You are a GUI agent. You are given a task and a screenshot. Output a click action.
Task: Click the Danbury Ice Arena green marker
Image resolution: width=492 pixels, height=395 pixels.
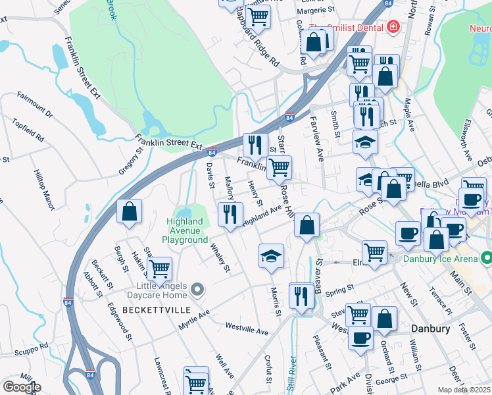point(486,256)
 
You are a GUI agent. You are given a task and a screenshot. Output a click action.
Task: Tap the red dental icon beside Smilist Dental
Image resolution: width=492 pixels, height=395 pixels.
point(393,27)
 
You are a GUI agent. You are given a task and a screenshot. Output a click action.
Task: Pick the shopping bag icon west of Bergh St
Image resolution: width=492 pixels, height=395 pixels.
point(130,211)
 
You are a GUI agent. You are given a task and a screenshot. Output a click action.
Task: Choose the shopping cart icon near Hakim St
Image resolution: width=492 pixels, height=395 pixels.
point(159,268)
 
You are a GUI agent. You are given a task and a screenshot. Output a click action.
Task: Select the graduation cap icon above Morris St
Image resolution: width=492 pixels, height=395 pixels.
point(270,255)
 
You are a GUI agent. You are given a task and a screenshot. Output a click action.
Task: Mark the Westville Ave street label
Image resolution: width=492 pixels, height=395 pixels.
point(247,327)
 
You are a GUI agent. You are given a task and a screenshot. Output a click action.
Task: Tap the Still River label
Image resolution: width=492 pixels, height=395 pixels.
point(291,375)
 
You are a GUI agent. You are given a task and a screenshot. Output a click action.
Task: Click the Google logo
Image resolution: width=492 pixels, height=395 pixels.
point(21,387)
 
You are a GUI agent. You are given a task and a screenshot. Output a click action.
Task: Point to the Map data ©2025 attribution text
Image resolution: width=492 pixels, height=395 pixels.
point(464,390)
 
